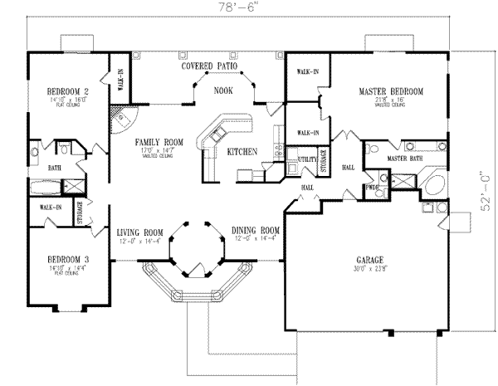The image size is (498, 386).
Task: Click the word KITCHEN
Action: pyautogui.click(x=241, y=151)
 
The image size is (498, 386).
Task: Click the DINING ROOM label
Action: pyautogui.click(x=250, y=232)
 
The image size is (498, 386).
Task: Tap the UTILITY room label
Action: pyautogui.click(x=304, y=157)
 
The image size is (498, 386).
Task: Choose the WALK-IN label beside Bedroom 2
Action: pyautogui.click(x=120, y=81)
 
